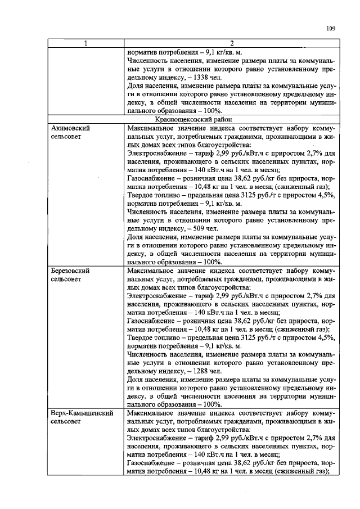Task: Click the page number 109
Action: point(330,29)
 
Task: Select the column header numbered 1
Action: point(85,44)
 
